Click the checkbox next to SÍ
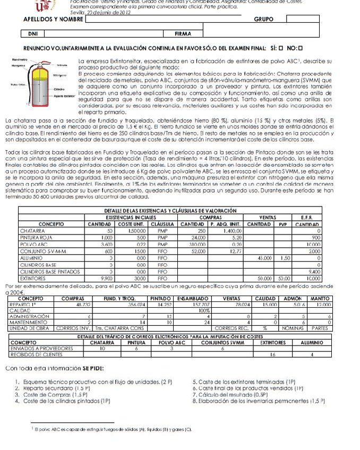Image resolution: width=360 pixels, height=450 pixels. pos(281,47)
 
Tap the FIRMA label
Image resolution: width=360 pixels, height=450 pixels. pos(182,33)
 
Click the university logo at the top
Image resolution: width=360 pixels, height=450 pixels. pos(44,5)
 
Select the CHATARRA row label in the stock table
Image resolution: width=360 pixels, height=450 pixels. pos(32,231)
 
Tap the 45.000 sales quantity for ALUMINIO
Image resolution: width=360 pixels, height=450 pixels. pos(263,257)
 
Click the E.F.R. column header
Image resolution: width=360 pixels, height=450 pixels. pos(306,218)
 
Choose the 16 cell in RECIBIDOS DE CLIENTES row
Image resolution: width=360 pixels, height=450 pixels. pos(273,354)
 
